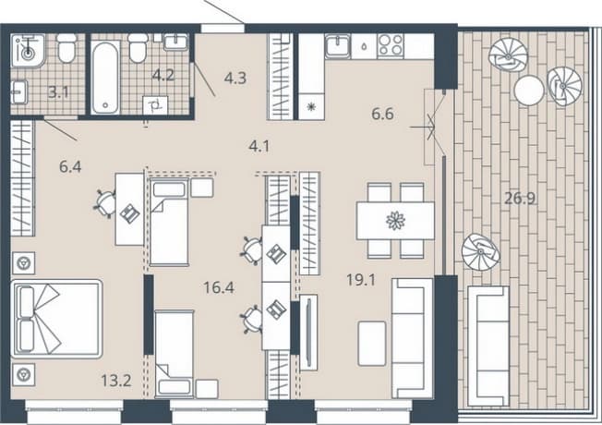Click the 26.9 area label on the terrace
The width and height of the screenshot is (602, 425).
coord(520,199)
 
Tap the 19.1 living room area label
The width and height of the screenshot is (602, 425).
coord(361,280)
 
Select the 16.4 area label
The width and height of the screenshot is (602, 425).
coord(219,287)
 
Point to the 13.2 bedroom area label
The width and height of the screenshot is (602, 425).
coord(116,381)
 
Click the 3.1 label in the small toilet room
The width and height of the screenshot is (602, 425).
coord(58,92)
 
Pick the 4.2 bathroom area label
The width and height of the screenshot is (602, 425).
coord(163,76)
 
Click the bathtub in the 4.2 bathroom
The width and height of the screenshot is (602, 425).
coord(105,78)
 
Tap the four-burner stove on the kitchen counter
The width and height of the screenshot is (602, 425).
coord(390,45)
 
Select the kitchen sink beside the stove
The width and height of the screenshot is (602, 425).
coord(338,46)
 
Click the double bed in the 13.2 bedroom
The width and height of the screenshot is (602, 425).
coord(57,319)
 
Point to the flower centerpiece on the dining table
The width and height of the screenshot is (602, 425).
coord(395,221)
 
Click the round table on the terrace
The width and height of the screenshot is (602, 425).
coord(529,91)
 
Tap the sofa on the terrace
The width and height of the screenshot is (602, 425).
coord(488,346)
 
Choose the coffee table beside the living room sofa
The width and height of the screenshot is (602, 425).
coord(372,344)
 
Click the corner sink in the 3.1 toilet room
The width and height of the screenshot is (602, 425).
coord(28,51)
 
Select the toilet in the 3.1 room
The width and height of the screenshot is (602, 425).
coord(66,48)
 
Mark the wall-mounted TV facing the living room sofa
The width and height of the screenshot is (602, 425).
coord(308,332)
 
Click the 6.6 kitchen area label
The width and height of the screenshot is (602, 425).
coord(383,114)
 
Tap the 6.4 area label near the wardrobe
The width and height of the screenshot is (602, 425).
coord(70,167)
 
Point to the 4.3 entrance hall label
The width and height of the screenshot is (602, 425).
coord(235,78)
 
